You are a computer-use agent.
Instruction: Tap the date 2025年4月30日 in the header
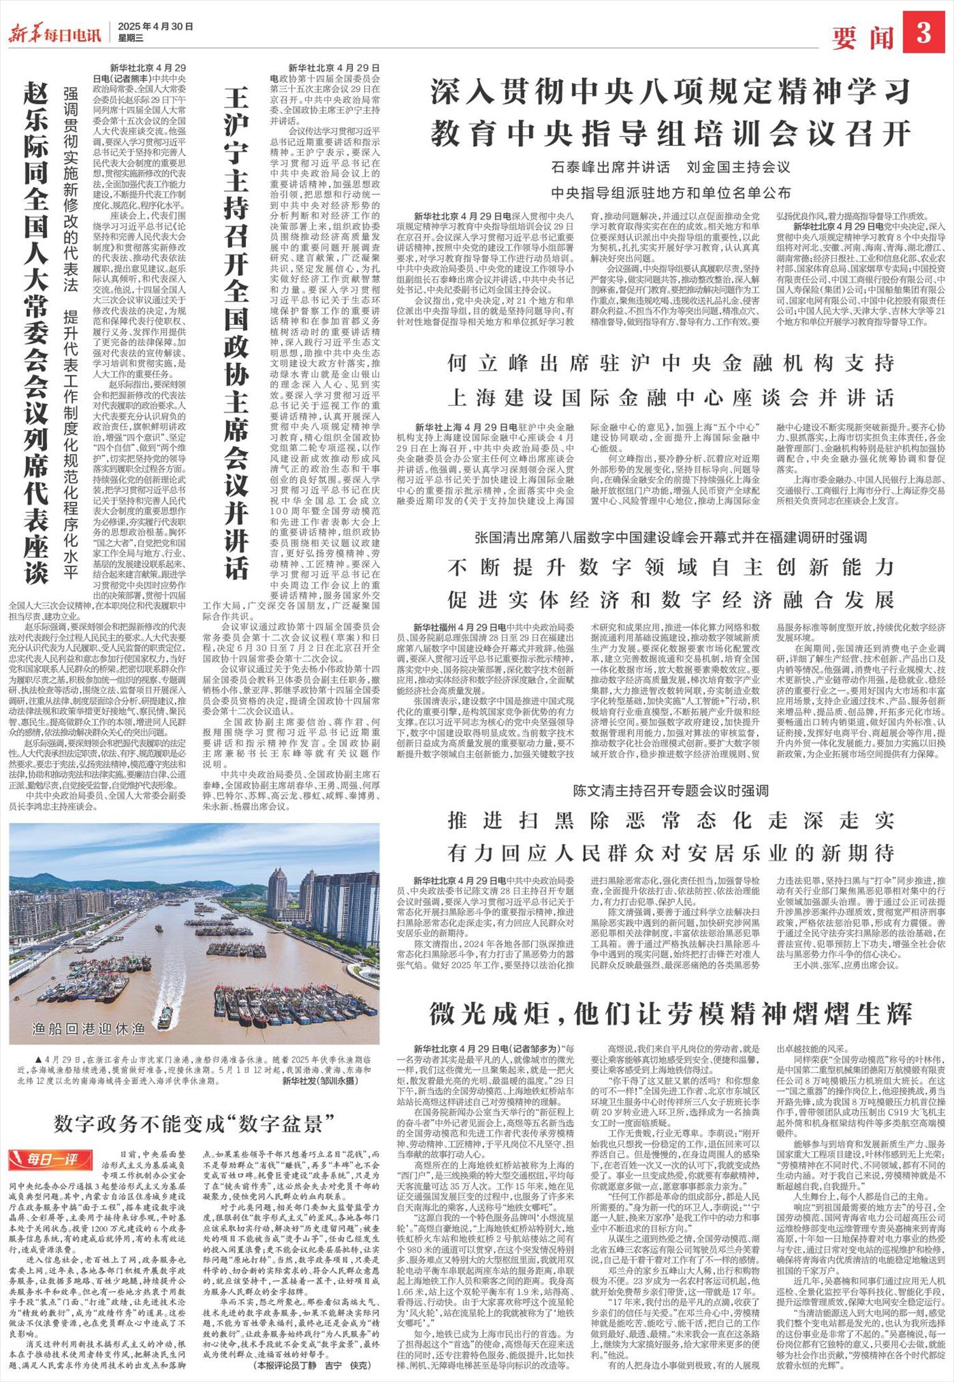155,27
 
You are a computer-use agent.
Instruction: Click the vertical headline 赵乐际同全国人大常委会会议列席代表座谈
37,331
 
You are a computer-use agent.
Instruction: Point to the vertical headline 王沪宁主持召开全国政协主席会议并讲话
236,331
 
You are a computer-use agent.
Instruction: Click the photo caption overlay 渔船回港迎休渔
88,1028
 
